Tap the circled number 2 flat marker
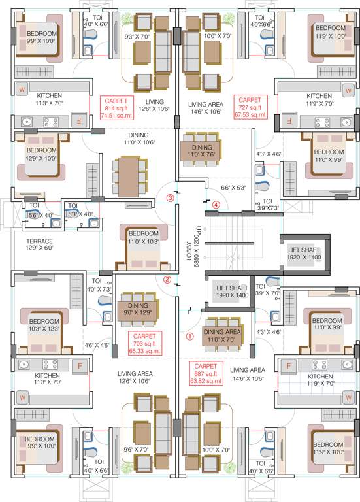pos(167,280)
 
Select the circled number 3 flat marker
pos(170,197)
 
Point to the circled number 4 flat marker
pos(216,203)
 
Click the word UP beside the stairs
pos(197,231)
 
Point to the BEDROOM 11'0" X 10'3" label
pos(142,237)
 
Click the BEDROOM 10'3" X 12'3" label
pos(44,326)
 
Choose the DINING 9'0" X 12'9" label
pos(137,309)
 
